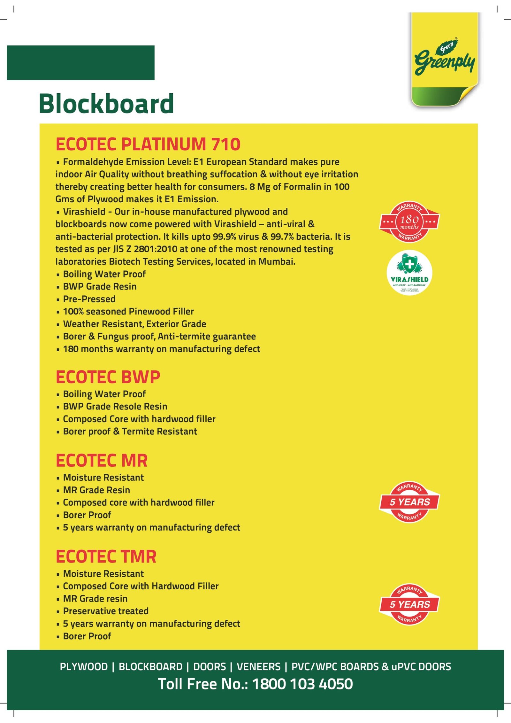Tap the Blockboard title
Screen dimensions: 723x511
point(106,104)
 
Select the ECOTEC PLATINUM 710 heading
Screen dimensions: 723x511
point(148,144)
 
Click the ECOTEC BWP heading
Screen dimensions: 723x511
point(108,377)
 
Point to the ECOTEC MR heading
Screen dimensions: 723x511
point(102,461)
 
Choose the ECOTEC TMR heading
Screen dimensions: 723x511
point(106,557)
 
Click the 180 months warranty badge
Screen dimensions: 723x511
point(409,222)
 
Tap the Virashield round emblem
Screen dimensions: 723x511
point(409,273)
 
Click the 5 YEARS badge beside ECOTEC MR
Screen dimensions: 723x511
point(409,502)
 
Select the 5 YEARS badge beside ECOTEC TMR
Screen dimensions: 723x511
point(409,604)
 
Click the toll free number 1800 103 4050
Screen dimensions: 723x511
point(302,684)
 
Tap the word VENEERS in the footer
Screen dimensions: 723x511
point(258,667)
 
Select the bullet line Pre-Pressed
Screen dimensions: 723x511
point(89,299)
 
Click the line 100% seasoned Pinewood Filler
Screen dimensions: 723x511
point(128,312)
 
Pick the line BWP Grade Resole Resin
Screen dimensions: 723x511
point(115,407)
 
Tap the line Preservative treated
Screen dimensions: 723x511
point(106,611)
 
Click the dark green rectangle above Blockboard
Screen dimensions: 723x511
point(80,63)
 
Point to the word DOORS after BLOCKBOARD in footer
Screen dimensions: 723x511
point(210,667)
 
